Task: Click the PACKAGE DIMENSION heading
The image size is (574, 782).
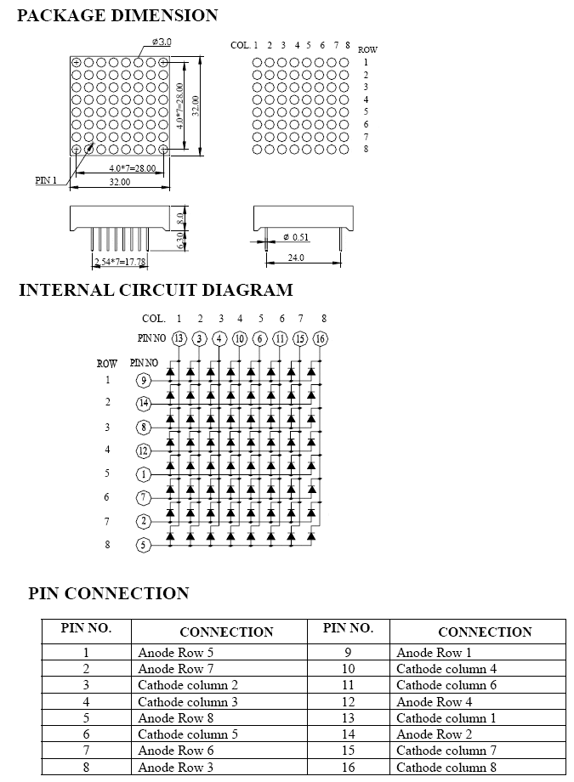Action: coord(117,15)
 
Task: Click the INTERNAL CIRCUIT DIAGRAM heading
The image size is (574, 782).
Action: coord(156,290)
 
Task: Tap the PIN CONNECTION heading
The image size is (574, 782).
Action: coord(108,593)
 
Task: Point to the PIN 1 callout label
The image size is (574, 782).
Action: coord(46,180)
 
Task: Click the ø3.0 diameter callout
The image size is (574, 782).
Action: coord(162,42)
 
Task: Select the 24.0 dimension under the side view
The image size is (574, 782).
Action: coord(296,258)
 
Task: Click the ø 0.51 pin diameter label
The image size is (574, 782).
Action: coord(296,237)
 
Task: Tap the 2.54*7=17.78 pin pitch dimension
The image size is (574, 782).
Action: coord(120,261)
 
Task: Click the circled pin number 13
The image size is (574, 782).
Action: coord(179,338)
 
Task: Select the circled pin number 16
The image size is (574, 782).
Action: coord(320,338)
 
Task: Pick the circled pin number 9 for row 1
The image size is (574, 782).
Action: coord(143,381)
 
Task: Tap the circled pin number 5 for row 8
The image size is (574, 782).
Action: coord(143,545)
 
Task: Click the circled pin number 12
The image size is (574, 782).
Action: coord(143,451)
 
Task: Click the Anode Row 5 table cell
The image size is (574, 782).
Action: coord(176,652)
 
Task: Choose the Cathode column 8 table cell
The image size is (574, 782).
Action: coord(446,767)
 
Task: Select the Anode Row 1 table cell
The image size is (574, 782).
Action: coord(434,652)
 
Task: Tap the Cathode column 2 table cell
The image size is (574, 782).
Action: coord(188,685)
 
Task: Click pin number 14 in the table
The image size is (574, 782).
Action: coord(348,734)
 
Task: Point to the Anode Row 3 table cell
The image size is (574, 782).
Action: coord(176,767)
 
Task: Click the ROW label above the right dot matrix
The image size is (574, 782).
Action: coord(367,49)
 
